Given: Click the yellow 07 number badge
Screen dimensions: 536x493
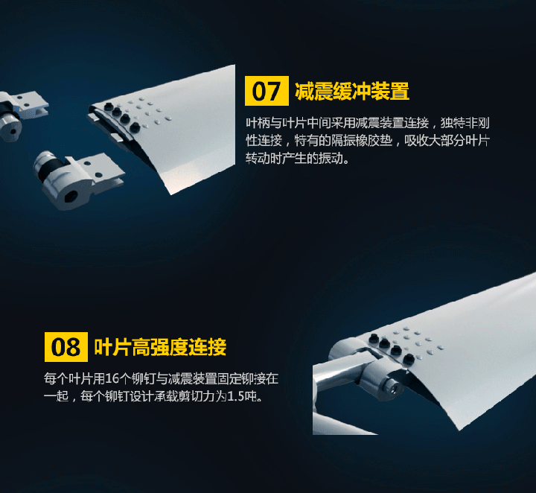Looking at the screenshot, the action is (267, 91).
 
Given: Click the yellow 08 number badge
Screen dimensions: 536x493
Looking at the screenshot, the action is (66, 347).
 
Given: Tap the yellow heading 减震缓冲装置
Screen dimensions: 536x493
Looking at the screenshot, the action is (352, 92).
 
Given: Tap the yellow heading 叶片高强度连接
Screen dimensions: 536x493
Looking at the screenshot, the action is (160, 347).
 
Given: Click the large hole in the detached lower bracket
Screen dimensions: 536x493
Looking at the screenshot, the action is (71, 197).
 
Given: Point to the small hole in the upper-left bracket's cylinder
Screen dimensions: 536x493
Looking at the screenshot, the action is (13, 131).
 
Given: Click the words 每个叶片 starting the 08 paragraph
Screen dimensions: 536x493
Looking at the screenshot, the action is (68, 379).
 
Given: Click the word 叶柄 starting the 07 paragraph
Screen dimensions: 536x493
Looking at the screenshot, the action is (258, 123).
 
